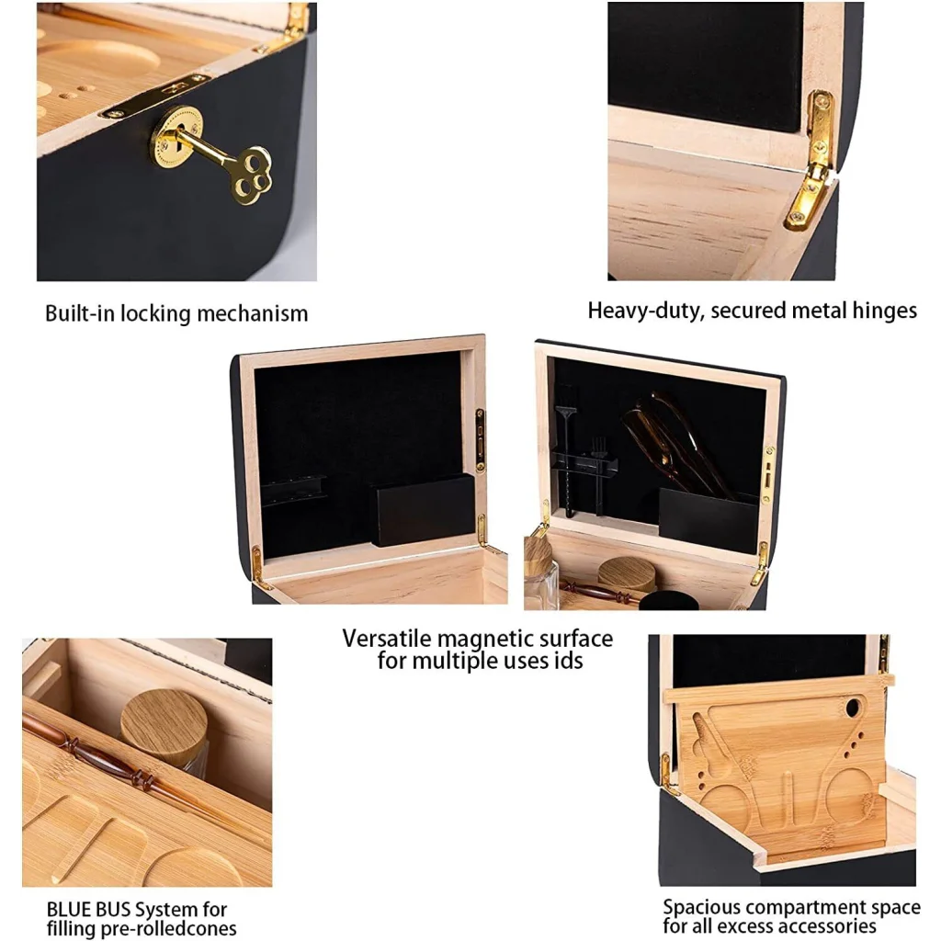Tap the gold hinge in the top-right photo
[812, 162]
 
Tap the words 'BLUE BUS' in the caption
[90, 910]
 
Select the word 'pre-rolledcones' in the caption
[168, 928]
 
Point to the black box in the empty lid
[424, 510]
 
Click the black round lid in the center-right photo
[667, 601]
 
